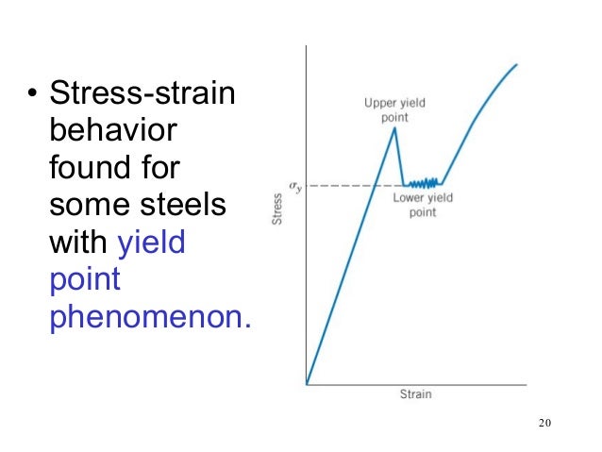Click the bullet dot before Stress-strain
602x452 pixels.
point(31,95)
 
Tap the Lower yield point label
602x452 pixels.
point(422,205)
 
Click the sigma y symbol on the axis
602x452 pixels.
point(294,185)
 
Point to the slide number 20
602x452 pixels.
point(543,422)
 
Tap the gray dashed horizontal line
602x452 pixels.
point(340,185)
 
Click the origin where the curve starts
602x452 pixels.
point(308,383)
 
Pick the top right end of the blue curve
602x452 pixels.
point(516,64)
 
